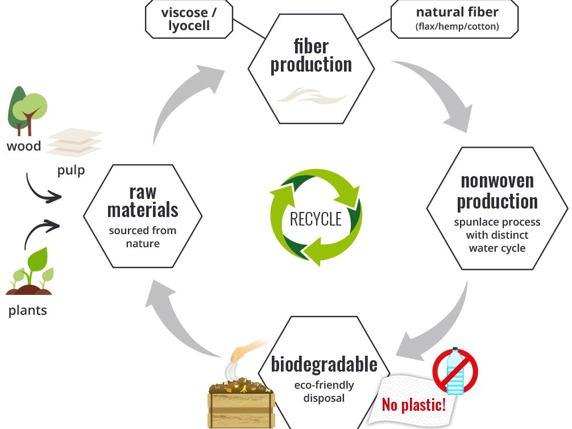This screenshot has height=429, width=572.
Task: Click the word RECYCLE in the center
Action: pos(316,219)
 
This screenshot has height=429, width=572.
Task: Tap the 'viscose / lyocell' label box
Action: pos(189,19)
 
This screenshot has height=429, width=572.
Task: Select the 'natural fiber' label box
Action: pos(454,19)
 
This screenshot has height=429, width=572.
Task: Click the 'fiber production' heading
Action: pos(311,56)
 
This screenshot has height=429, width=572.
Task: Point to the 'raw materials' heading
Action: pos(143,201)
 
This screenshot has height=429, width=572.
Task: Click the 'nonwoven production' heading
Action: pos(497,191)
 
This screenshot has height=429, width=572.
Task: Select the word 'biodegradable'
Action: pos(324,364)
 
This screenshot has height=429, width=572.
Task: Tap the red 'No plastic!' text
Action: pos(414,404)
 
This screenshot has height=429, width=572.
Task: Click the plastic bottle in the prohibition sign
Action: pos(455,370)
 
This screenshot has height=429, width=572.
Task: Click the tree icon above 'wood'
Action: pos(27,111)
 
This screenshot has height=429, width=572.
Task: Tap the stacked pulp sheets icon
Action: pos(74,143)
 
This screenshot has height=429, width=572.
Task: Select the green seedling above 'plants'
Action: pos(30,271)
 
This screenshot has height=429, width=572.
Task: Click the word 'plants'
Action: pos(28,311)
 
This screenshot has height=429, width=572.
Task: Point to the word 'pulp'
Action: pos(71,170)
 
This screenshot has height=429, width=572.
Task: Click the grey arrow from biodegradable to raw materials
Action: pos(175,320)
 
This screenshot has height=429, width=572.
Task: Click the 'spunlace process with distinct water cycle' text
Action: pos(497,235)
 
